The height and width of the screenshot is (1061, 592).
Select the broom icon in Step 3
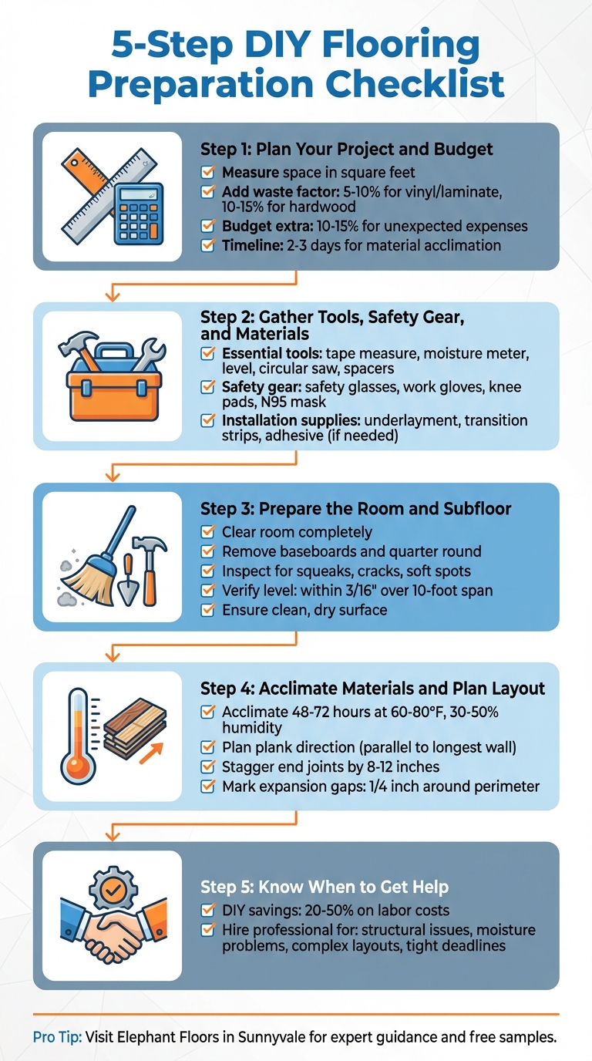click(x=93, y=562)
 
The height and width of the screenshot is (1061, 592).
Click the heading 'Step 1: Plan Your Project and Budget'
click(x=346, y=150)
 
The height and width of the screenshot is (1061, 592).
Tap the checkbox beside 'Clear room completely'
click(x=207, y=532)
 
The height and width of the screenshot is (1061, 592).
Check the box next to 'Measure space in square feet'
click(x=207, y=173)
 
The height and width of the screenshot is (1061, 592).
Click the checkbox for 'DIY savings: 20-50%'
click(x=207, y=910)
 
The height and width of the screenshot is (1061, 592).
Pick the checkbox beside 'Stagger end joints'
click(x=207, y=767)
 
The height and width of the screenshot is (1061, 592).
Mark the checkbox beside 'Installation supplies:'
click(x=207, y=421)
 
